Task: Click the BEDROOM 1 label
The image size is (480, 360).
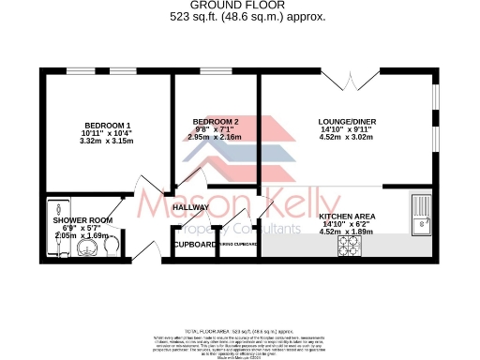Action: pos(108,126)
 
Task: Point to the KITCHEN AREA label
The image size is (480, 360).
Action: pos(349,217)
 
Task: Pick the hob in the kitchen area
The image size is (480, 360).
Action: pos(350,244)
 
